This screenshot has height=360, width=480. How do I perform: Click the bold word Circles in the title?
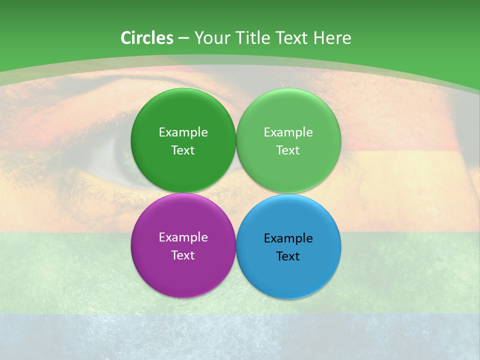[147, 38]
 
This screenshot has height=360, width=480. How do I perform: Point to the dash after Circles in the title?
[183, 38]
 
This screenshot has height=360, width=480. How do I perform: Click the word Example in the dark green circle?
[183, 132]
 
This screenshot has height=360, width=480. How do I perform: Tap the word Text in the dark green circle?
[183, 150]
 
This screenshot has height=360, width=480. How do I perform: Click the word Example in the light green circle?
[288, 132]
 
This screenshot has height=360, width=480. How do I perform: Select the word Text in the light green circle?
[288, 150]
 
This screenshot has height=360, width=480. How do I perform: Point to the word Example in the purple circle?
[183, 237]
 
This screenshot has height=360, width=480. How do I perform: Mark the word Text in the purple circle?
[183, 255]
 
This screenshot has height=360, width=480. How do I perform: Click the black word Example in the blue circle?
[288, 238]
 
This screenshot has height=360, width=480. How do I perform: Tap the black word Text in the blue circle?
[288, 256]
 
